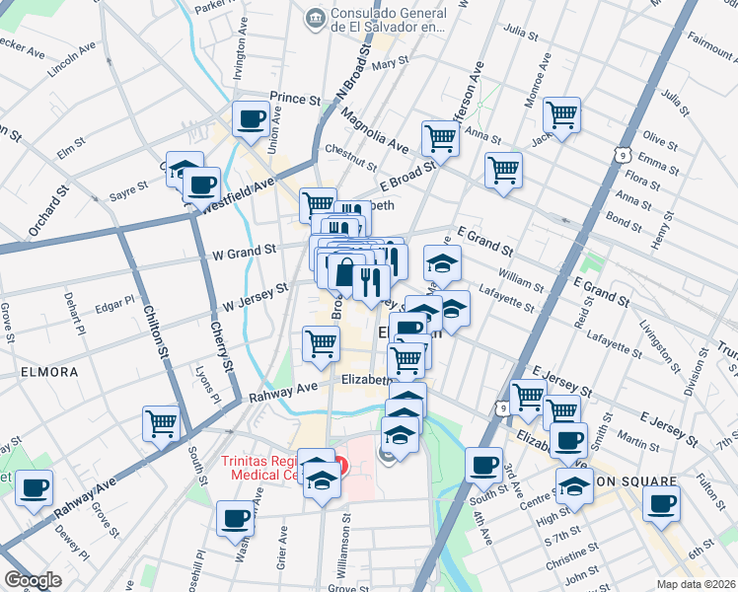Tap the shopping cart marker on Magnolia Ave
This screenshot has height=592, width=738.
point(440,139)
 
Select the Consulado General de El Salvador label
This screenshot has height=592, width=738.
point(390,21)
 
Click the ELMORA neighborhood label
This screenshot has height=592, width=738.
point(47,372)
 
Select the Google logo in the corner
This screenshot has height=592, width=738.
point(33,579)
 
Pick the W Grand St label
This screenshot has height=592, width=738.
point(244,253)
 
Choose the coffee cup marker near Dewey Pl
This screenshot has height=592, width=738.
point(35,487)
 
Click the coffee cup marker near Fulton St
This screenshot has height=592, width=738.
point(661,502)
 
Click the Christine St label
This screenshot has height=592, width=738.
point(565,556)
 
